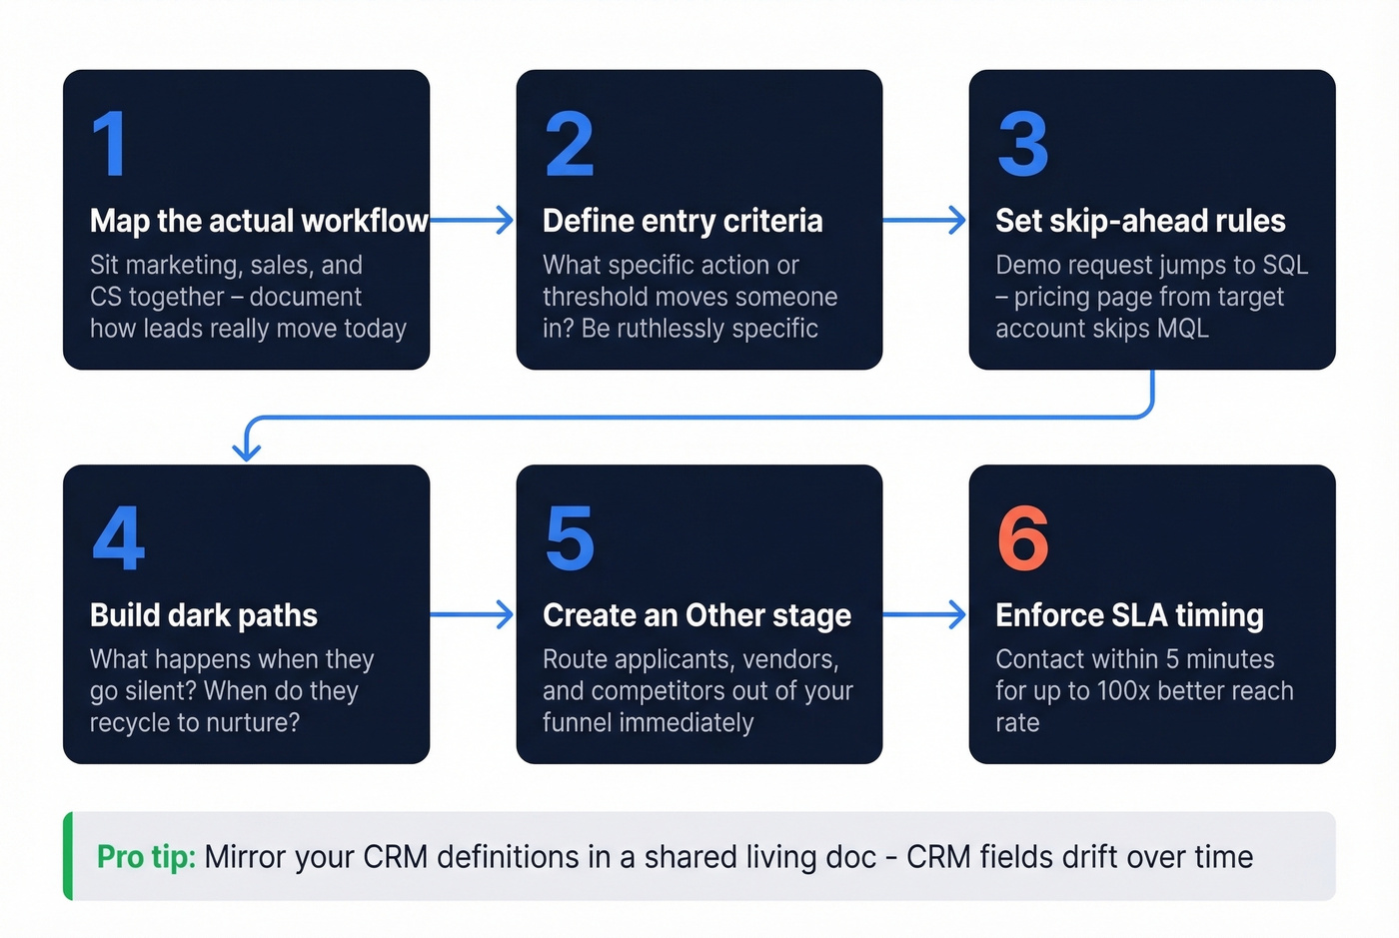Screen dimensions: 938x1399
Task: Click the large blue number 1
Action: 110,145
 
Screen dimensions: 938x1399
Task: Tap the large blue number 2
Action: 570,145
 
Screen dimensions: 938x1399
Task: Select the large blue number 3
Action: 1023,145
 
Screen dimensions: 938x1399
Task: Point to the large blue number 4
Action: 118,538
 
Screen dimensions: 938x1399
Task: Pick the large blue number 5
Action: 570,538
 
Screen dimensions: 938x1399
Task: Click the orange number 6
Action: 1023,538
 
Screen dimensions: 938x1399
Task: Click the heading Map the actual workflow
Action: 258,221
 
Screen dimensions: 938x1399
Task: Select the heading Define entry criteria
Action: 683,221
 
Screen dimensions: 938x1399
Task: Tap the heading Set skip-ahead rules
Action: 1140,221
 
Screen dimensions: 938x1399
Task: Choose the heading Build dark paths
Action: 204,615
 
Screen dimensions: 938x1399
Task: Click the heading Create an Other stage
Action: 697,615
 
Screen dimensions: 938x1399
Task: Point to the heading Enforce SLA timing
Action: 1129,615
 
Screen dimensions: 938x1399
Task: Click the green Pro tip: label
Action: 146,857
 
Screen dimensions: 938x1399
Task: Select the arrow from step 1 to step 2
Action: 472,220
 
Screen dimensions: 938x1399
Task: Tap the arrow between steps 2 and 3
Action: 924,220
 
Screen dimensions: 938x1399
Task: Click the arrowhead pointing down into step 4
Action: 246,451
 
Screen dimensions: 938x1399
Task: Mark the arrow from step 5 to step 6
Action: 924,614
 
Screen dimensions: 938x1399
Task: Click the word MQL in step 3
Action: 1183,329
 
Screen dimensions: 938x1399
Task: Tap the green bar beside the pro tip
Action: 68,856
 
